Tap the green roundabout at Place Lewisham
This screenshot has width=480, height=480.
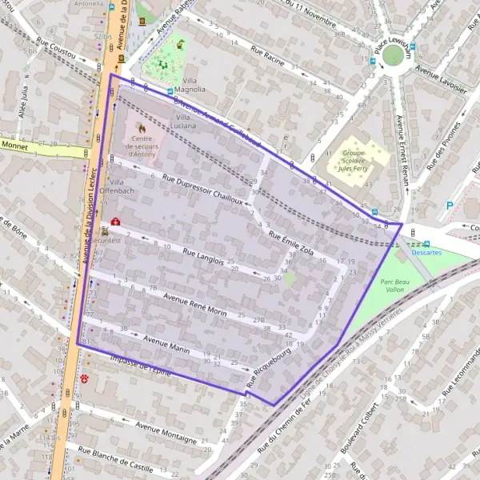[x=392, y=54]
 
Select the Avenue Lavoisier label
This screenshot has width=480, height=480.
[x=439, y=77]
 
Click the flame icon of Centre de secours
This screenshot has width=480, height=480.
[x=142, y=127]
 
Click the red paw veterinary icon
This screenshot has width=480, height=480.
[x=85, y=375]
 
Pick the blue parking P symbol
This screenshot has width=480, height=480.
[x=449, y=205]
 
